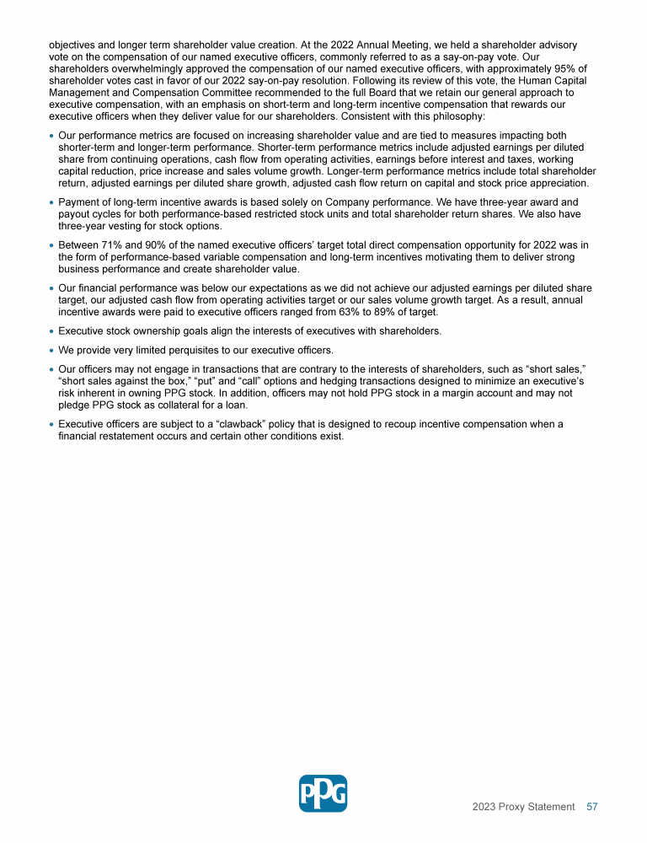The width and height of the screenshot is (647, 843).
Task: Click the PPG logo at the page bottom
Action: tap(323, 793)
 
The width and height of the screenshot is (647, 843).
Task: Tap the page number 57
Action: tap(592, 807)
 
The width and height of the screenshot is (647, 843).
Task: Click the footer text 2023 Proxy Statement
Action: tap(523, 807)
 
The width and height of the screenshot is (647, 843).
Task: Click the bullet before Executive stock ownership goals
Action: tap(52, 331)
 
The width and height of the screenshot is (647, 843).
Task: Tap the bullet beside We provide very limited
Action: tap(52, 350)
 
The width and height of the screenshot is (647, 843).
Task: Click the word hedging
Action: tap(313, 381)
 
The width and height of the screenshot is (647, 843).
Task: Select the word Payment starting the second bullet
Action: tap(80, 202)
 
